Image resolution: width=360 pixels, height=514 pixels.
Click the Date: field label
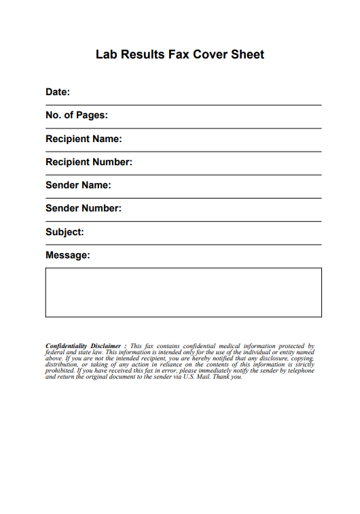pyautogui.click(x=58, y=92)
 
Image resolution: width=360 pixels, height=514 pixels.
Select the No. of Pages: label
pyautogui.click(x=77, y=116)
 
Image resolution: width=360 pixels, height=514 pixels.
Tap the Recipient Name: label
pyautogui.click(x=84, y=139)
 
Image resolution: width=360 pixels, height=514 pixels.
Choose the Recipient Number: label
pyautogui.click(x=89, y=162)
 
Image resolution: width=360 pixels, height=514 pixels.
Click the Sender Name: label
pyautogui.click(x=78, y=185)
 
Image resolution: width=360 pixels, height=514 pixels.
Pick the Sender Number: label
pyautogui.click(x=84, y=208)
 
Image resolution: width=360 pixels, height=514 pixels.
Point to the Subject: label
pyautogui.click(x=65, y=232)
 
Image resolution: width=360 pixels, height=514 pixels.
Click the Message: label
pyautogui.click(x=67, y=255)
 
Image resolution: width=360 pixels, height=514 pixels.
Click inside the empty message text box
pyautogui.click(x=183, y=292)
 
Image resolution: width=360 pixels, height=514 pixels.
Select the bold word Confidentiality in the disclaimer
pyautogui.click(x=67, y=346)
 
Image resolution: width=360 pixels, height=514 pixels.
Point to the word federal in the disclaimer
pyautogui.click(x=55, y=353)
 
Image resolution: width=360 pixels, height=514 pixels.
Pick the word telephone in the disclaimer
pyautogui.click(x=300, y=371)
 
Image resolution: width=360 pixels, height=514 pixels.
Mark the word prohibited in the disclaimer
pyautogui.click(x=60, y=371)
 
